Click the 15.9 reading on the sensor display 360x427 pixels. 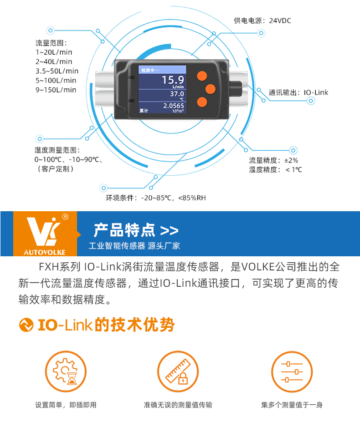[173, 80]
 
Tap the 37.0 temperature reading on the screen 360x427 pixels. [177, 94]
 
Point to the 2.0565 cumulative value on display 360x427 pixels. [174, 106]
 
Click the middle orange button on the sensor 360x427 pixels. [211, 89]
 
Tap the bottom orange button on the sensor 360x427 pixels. [202, 102]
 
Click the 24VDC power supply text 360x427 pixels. [280, 20]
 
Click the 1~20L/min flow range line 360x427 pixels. [54, 52]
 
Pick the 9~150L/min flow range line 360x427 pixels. [56, 90]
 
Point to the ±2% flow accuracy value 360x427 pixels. [291, 160]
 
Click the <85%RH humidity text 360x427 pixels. [192, 198]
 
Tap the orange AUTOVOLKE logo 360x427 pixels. [45, 234]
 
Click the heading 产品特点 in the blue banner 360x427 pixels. [124, 230]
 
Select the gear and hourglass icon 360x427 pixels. [66, 371]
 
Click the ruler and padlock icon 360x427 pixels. [178, 371]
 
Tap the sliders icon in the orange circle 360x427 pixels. [292, 371]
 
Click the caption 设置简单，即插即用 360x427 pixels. [66, 405]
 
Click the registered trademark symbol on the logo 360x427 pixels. [65, 217]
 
